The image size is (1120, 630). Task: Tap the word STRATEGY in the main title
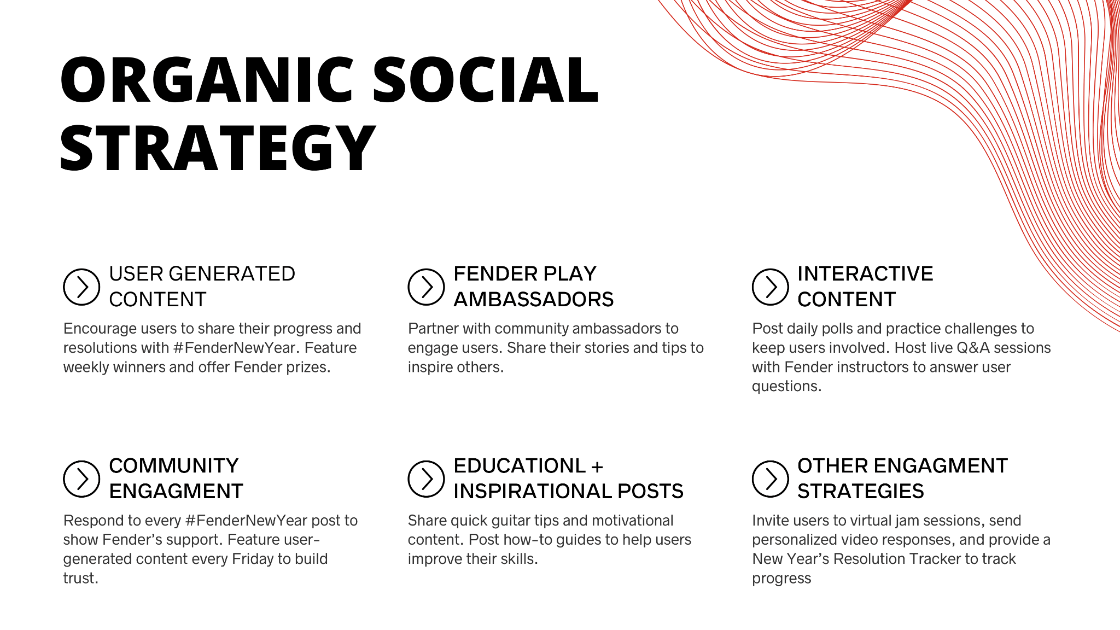pyautogui.click(x=218, y=148)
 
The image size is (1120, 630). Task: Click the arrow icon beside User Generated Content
pyautogui.click(x=81, y=287)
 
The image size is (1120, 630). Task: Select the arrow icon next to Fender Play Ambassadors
pyautogui.click(x=426, y=287)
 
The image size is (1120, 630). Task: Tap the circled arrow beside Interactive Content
pyautogui.click(x=770, y=287)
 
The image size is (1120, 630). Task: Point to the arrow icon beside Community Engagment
pyautogui.click(x=81, y=479)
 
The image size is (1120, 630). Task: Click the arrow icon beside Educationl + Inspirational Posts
pyautogui.click(x=426, y=479)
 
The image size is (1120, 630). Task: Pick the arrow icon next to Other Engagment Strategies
pyautogui.click(x=770, y=479)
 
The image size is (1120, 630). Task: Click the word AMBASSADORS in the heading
pyautogui.click(x=534, y=300)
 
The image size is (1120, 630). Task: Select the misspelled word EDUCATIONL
pyautogui.click(x=520, y=466)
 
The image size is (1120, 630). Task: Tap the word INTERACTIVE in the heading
pyautogui.click(x=865, y=274)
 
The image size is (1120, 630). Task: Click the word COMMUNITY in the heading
pyautogui.click(x=174, y=466)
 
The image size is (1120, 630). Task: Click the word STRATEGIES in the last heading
pyautogui.click(x=861, y=492)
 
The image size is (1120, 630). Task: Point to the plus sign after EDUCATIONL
pyautogui.click(x=597, y=466)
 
